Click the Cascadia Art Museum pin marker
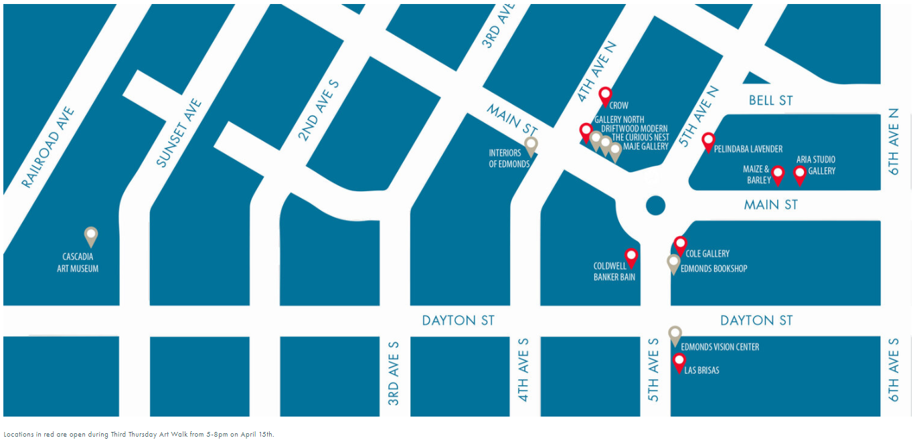91,235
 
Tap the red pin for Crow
605,96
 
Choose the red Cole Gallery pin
680,244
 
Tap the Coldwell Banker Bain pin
631,256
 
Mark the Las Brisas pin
679,362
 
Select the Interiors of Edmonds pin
531,144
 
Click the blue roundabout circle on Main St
655,205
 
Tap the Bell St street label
770,100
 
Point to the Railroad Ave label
48,147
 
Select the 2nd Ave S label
319,111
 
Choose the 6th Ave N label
894,142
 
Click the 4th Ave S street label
523,369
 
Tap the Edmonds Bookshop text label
714,269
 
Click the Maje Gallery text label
645,146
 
